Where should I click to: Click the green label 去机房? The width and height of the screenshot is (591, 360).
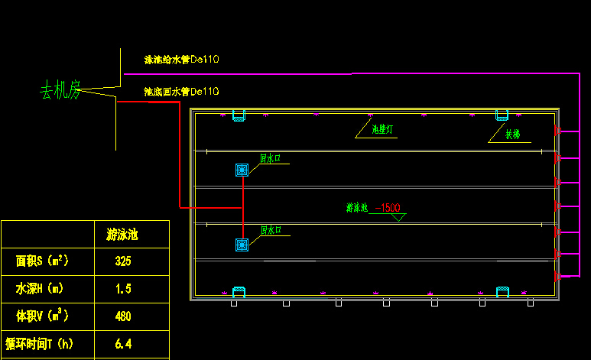(x=60, y=92)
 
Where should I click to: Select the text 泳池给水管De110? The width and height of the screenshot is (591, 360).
(x=182, y=59)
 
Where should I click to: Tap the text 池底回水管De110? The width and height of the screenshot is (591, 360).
(x=182, y=92)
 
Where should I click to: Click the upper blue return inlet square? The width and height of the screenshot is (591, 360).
(x=242, y=170)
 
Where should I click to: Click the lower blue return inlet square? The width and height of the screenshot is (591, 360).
(x=242, y=245)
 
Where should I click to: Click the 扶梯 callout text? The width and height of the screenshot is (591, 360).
(x=512, y=135)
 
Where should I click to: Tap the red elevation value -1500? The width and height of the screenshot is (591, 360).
(x=388, y=208)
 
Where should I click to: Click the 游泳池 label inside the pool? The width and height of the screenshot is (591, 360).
(x=357, y=207)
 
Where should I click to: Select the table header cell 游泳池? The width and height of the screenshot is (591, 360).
(x=127, y=235)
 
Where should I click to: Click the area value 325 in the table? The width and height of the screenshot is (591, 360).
(x=123, y=261)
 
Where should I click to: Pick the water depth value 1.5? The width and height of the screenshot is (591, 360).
(x=123, y=289)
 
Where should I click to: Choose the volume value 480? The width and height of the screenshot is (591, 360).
(x=123, y=316)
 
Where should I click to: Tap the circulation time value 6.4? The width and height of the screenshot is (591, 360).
(x=123, y=344)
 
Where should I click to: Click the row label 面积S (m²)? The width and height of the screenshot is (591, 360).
(x=43, y=261)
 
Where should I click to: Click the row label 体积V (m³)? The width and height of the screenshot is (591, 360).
(x=43, y=316)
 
